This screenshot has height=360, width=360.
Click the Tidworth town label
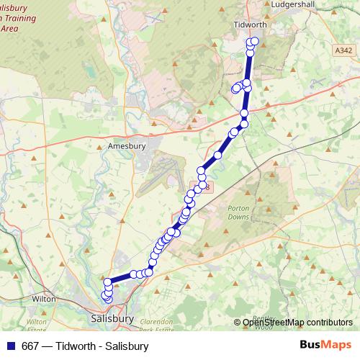[x=251, y=24]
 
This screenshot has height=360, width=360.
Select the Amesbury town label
[x=126, y=145]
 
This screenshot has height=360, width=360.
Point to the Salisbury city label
[x=113, y=317]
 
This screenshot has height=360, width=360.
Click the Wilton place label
[x=44, y=297]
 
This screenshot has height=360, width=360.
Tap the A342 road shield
[x=344, y=50]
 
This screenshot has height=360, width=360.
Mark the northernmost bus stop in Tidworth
[x=254, y=41]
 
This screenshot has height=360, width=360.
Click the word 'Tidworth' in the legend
[x=77, y=346]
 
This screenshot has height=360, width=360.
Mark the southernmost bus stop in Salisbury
[x=107, y=299]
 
